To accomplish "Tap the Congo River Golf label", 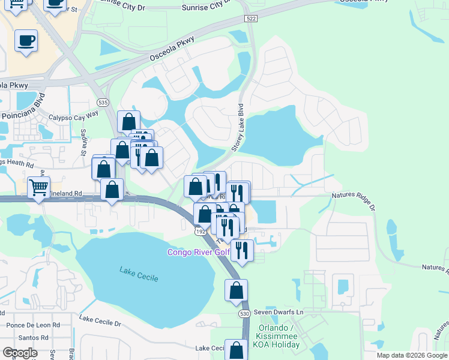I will (198, 253).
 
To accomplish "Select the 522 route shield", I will (252, 19).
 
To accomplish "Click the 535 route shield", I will (104, 102).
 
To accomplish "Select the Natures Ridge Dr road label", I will (353, 200).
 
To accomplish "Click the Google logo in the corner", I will (20, 353).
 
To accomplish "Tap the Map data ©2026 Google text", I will (411, 355).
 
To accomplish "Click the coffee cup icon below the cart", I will (26, 41).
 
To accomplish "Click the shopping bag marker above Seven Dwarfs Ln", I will (237, 290).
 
